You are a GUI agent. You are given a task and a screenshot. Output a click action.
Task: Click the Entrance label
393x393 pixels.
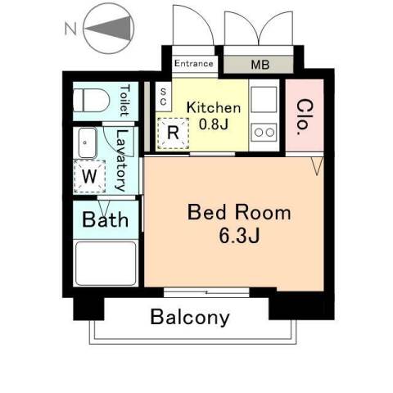(x=194, y=64)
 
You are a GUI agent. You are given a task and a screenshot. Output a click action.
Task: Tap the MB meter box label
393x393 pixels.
(x=260, y=65)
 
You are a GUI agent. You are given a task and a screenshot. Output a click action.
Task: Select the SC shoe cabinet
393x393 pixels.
(x=164, y=97)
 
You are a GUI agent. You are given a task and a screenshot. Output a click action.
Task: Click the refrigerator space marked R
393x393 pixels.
(x=173, y=133)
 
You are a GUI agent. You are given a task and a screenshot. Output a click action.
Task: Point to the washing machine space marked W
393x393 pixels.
(x=89, y=176)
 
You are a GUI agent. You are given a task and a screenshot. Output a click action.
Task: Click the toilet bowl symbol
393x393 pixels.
(x=92, y=101)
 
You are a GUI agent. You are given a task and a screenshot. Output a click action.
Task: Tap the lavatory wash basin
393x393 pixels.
(x=88, y=142)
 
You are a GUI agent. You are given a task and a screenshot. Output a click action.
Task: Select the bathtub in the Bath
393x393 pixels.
(x=106, y=264)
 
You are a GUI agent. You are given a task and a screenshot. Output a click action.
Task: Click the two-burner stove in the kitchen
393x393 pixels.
(x=264, y=133)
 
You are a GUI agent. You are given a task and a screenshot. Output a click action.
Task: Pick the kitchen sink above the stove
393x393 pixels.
(x=264, y=100)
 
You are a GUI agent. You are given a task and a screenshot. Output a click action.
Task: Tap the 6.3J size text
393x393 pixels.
(x=239, y=236)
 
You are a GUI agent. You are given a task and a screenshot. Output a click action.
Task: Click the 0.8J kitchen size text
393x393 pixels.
(x=214, y=124)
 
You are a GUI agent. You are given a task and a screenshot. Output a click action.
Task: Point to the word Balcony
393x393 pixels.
(x=190, y=318)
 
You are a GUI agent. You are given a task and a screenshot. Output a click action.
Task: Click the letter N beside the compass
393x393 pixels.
(x=70, y=29)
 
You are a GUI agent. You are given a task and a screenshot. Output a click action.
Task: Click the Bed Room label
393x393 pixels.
(x=239, y=212)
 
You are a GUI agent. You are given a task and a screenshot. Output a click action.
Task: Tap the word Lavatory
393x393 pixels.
(x=122, y=160)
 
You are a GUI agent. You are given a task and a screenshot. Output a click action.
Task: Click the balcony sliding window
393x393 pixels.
(x=206, y=292)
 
